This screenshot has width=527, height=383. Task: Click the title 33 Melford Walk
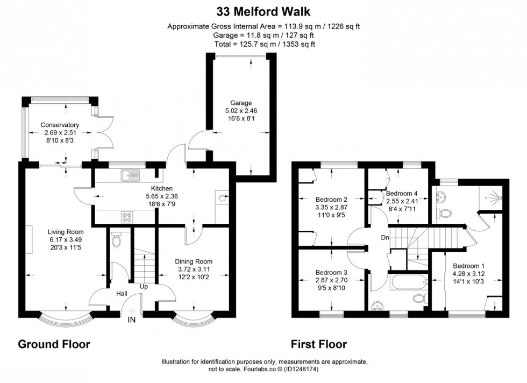tap(263, 12)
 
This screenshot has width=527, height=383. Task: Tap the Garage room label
tap(241, 103)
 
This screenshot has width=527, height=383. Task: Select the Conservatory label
tap(60, 125)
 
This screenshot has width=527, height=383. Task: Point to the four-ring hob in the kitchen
tap(127, 217)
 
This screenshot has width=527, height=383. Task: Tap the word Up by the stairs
tap(144, 287)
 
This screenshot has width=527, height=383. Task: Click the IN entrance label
tap(132, 320)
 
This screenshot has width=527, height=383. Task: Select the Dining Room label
tap(194, 261)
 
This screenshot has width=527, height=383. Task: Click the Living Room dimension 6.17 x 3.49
tap(66, 239)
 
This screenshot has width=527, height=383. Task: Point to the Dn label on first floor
tap(385, 238)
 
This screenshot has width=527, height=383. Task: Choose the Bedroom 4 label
tap(402, 193)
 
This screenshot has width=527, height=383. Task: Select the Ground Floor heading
tap(54, 344)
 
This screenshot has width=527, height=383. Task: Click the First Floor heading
tap(318, 344)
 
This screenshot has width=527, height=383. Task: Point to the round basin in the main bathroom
tap(378, 306)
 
